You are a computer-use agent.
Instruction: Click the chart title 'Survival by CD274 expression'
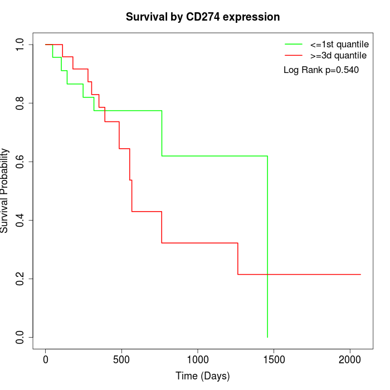pos(203,17)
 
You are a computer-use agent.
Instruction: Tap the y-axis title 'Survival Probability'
pos(5,191)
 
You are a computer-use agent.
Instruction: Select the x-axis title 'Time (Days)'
pos(203,376)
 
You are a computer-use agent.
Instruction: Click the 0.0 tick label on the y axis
pos(21,337)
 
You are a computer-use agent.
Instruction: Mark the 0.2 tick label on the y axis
pos(21,279)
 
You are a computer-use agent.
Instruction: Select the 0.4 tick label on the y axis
pos(21,220)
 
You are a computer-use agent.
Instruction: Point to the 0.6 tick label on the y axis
pos(21,162)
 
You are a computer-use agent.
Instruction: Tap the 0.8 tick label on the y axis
pos(21,103)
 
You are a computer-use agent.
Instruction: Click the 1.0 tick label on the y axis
pos(21,45)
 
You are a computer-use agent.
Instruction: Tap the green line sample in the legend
pos(294,44)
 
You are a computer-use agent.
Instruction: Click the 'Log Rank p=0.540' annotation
pos(321,70)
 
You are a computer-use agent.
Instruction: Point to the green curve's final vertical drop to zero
pos(267,251)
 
